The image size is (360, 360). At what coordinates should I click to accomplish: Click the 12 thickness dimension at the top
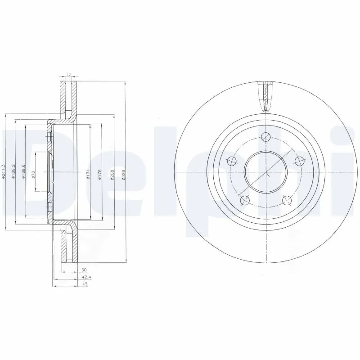pos(68,74)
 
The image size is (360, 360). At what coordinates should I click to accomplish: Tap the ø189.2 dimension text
pos(14,171)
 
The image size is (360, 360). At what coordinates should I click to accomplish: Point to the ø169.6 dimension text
pos(24,171)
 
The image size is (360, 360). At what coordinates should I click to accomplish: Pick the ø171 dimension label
pos(89,173)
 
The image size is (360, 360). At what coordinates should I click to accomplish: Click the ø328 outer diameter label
pos(124,174)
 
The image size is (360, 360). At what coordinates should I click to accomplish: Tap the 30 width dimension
pos(84,270)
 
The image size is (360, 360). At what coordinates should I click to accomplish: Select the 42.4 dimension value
pos(84,277)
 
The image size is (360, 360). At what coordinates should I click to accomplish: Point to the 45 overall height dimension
pos(84,284)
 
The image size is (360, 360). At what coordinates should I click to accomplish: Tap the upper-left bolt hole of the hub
pos(232,161)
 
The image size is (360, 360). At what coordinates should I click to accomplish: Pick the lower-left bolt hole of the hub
pos(245,200)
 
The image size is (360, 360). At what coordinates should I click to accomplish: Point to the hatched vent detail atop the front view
pos(266,97)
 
